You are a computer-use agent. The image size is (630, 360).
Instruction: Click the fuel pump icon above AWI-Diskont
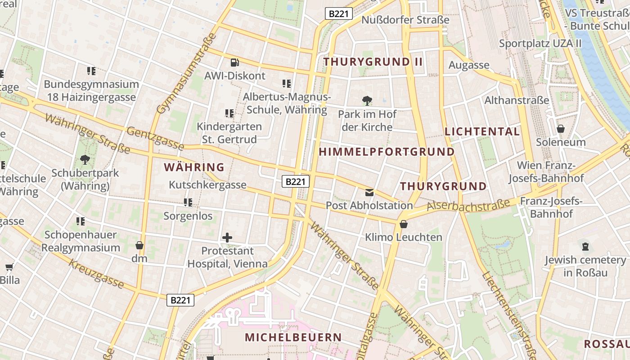pos(234,63)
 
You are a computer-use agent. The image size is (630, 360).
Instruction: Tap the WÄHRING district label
pos(194,167)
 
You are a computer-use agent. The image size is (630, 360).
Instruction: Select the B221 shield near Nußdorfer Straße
pos(338,13)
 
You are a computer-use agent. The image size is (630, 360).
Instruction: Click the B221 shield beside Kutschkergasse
pos(296,181)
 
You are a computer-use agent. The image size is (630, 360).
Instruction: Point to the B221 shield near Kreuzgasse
pos(180,300)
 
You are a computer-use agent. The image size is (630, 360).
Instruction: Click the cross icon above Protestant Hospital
pos(227,237)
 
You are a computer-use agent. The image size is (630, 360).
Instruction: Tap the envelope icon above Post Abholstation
pos(369,193)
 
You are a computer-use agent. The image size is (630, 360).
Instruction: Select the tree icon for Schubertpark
pos(85,159)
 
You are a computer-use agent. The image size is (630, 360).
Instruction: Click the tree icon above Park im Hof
pos(367,100)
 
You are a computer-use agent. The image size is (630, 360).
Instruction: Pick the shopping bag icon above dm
pos(139,245)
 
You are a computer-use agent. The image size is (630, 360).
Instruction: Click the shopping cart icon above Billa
pos(9,267)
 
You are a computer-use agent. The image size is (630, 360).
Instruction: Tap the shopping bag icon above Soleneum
pos(561,129)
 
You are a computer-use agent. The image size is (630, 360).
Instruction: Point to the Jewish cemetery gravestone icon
pos(585,247)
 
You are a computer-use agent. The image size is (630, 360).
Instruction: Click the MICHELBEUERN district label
pos(293,337)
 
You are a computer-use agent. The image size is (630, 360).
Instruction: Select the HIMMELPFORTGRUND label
pos(387,152)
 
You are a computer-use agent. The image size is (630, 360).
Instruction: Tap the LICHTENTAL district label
pos(482,131)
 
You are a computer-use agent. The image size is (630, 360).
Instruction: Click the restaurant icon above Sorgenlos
pos(188,202)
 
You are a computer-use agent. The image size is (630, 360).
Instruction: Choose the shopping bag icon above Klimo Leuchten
pos(404,224)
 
